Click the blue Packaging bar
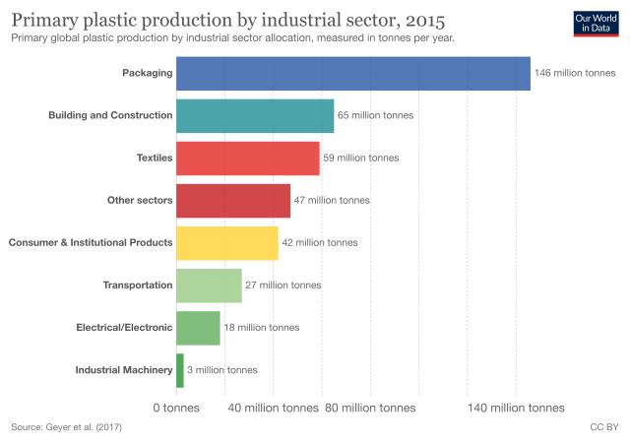352,74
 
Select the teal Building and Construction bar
255,116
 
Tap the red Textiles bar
248,158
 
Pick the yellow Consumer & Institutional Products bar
226,242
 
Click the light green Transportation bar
209,285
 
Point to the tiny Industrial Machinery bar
180,370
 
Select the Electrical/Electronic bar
198,328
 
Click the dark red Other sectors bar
233,200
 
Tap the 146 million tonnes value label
575,74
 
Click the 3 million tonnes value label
222,370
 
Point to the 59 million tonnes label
361,158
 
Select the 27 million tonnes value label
283,285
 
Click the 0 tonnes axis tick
176,408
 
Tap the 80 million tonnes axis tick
370,408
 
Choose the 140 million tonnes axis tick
516,408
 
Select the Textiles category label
154,158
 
